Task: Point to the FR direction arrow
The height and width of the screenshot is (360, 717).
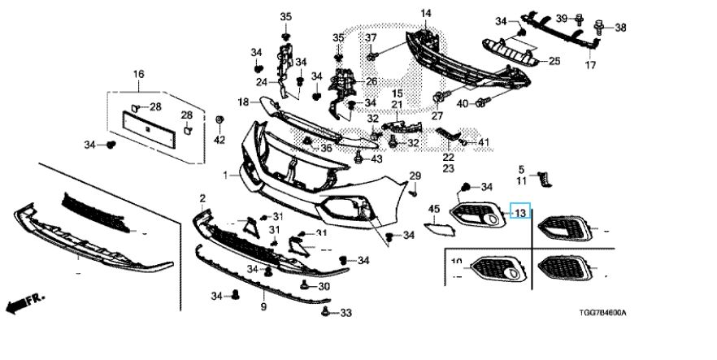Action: [x=25, y=303]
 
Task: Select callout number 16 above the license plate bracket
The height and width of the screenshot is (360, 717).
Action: [x=138, y=75]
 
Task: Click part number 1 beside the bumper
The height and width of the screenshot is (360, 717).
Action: [x=227, y=175]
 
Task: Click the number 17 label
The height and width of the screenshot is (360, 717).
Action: [x=592, y=64]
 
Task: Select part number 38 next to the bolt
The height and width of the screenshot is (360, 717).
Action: [x=620, y=28]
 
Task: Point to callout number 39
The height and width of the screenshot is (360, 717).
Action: [x=562, y=18]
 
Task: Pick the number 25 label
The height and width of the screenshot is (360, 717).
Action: [x=554, y=61]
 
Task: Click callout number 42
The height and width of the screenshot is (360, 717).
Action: [x=219, y=141]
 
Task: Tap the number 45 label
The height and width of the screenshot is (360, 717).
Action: [x=433, y=209]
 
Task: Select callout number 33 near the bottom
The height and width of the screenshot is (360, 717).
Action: [x=345, y=313]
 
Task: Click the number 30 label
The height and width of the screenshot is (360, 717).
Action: [x=324, y=286]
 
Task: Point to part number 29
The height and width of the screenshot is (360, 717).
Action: [x=415, y=176]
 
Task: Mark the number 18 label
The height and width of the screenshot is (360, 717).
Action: [x=243, y=102]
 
